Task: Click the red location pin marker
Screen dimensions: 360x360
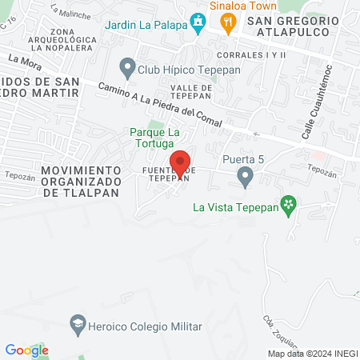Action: tap(181, 162)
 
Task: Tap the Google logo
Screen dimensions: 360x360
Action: tap(26, 350)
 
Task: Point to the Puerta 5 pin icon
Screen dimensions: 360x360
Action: tap(246, 176)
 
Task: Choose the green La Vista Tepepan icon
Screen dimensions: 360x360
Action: tap(290, 206)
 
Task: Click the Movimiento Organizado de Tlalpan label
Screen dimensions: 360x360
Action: tap(80, 181)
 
